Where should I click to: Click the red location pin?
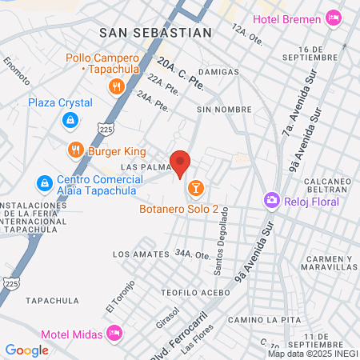[180, 163]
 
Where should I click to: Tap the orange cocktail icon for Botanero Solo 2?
[195, 188]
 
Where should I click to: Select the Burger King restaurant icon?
[76, 149]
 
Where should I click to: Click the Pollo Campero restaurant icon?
[117, 86]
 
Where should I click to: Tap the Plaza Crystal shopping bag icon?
[70, 120]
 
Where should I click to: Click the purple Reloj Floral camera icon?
[272, 200]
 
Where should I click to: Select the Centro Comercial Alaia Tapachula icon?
[43, 183]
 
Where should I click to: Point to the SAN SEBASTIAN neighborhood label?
[156, 33]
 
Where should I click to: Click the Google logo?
[26, 350]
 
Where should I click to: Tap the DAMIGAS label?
[218, 72]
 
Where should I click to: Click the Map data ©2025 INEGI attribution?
[313, 354]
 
